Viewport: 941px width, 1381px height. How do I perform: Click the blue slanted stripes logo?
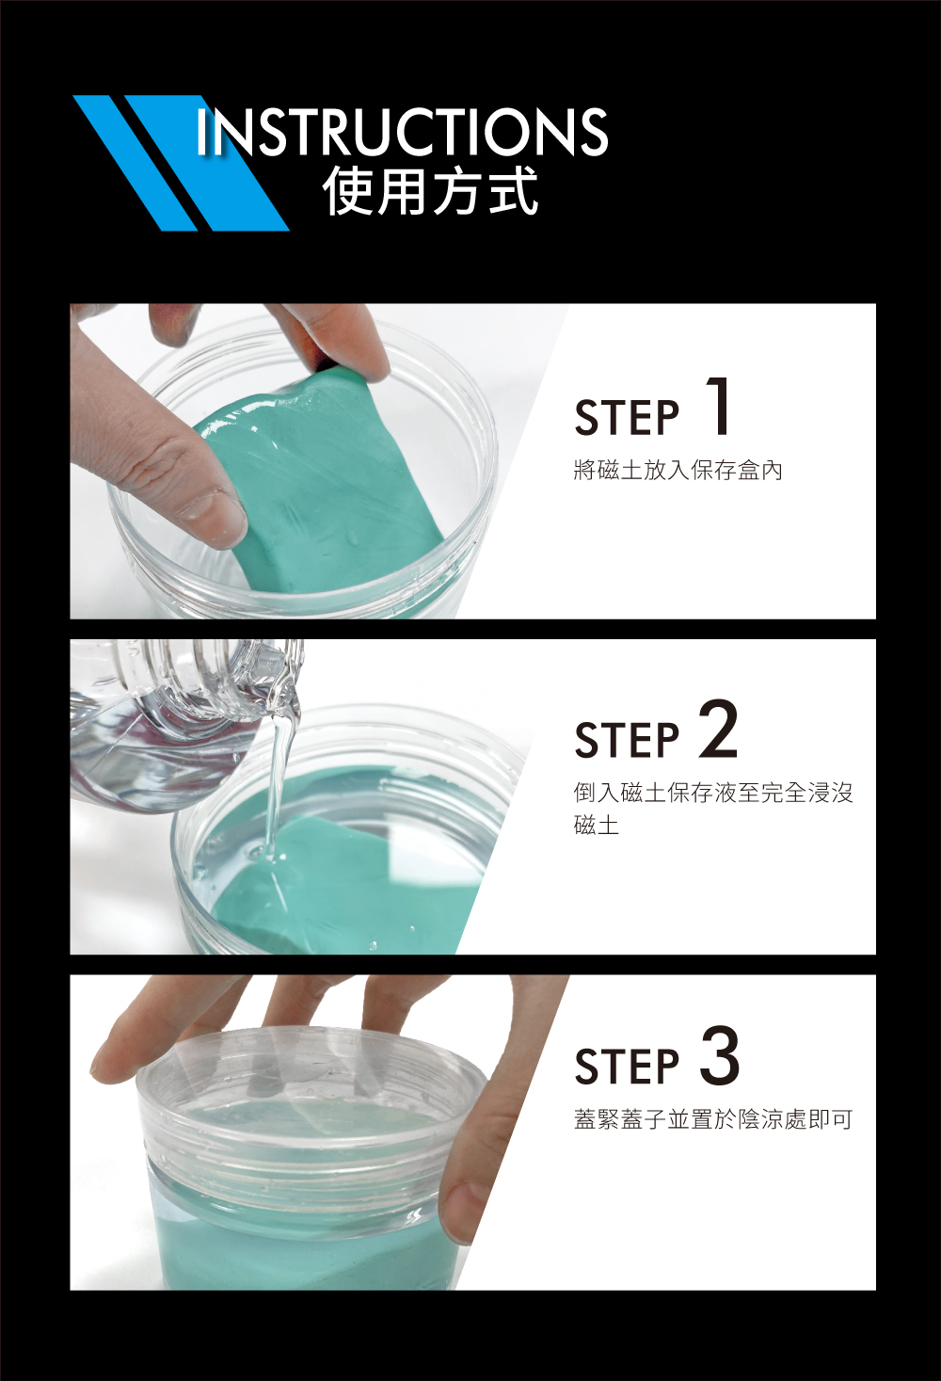(179, 163)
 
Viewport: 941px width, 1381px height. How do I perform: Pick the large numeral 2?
(719, 729)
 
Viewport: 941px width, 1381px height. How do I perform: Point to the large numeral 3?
(720, 1055)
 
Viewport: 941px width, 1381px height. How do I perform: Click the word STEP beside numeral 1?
(627, 417)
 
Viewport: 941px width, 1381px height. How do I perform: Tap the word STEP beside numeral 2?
(627, 739)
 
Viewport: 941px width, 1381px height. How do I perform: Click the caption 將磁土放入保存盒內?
(678, 471)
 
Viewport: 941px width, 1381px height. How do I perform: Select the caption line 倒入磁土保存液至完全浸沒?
(713, 793)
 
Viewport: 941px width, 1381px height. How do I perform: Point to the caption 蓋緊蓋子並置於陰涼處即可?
(713, 1119)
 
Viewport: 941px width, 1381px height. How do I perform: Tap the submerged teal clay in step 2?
(345, 882)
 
